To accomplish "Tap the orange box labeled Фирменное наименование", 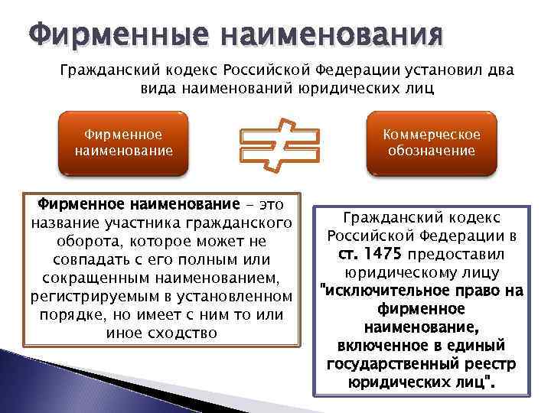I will click(123, 143).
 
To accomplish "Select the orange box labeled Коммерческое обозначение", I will click(432, 143).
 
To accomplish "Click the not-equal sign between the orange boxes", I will click(278, 145).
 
